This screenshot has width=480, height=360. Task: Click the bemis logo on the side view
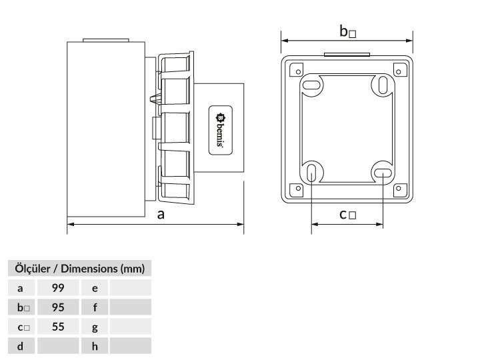coord(221,130)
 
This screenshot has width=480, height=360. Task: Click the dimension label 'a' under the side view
coord(161,215)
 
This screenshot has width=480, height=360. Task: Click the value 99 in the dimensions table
coord(58,288)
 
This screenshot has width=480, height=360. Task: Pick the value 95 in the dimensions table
coord(58,307)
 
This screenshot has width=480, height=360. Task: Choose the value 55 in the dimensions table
coord(58,327)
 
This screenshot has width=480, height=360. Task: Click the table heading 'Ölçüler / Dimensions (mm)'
coord(79,269)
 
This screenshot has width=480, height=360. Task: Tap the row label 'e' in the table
coord(95,288)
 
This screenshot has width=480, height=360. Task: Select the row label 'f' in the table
coord(95,307)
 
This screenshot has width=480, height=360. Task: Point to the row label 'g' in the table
coord(95,327)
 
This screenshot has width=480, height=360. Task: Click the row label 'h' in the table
coord(95,346)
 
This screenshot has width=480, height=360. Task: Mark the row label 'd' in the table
coord(20,346)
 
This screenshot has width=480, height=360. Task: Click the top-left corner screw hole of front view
coord(299,72)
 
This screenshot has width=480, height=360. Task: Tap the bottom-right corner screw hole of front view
coord(398,188)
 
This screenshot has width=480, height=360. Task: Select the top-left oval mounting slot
coord(311,84)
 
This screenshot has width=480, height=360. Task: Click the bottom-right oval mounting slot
coord(383,173)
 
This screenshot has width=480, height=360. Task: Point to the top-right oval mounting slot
coord(383,85)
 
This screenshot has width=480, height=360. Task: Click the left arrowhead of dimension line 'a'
coord(71,225)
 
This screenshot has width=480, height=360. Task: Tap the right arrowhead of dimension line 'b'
coord(409,41)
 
